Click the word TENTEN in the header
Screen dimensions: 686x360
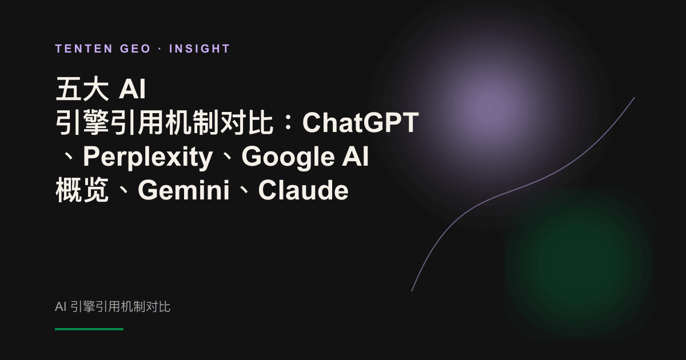84,49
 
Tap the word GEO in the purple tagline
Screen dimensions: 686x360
135,49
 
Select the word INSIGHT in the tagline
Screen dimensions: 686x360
200,49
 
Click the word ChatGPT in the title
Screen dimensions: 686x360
361,122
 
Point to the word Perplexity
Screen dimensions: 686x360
148,157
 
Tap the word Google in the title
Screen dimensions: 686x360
288,157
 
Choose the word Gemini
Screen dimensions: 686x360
184,190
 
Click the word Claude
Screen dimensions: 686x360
303,190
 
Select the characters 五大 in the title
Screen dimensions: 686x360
82,89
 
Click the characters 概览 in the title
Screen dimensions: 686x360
82,190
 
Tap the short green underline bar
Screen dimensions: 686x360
89,329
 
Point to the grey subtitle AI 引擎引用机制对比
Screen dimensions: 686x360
113,307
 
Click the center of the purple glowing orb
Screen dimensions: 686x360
490,109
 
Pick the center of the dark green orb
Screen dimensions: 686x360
579,263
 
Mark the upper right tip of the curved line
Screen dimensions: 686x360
634,98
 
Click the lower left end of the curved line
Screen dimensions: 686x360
412,290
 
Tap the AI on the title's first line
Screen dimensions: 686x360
132,89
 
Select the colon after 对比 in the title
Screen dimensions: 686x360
288,123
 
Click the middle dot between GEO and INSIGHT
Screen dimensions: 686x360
160,49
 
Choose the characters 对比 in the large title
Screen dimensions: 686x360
246,122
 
